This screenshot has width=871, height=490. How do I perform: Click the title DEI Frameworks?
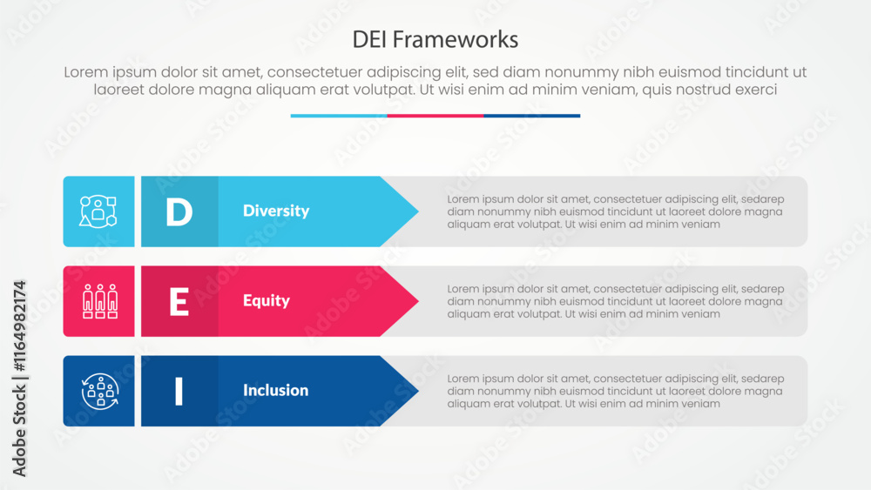435,39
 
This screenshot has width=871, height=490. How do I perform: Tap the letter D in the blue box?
179,211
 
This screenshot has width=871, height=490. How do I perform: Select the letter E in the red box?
179,301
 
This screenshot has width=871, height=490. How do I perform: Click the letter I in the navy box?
179,391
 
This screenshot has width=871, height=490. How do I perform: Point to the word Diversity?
275,211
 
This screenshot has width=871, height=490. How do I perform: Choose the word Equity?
266,300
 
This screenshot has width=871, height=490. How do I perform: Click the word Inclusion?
275,390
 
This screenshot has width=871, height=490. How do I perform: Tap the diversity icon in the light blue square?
98,211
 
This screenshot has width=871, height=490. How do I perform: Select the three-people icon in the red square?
98,301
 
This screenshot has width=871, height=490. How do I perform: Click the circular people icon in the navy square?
98,391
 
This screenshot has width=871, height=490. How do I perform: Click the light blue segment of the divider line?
339,116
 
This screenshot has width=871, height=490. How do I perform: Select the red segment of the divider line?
435,116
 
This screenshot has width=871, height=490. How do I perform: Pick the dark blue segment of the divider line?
531,116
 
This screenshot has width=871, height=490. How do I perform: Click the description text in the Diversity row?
615,211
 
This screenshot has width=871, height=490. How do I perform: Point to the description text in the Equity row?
615,301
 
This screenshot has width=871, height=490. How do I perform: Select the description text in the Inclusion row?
615,391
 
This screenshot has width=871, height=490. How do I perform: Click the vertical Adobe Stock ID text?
19,379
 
